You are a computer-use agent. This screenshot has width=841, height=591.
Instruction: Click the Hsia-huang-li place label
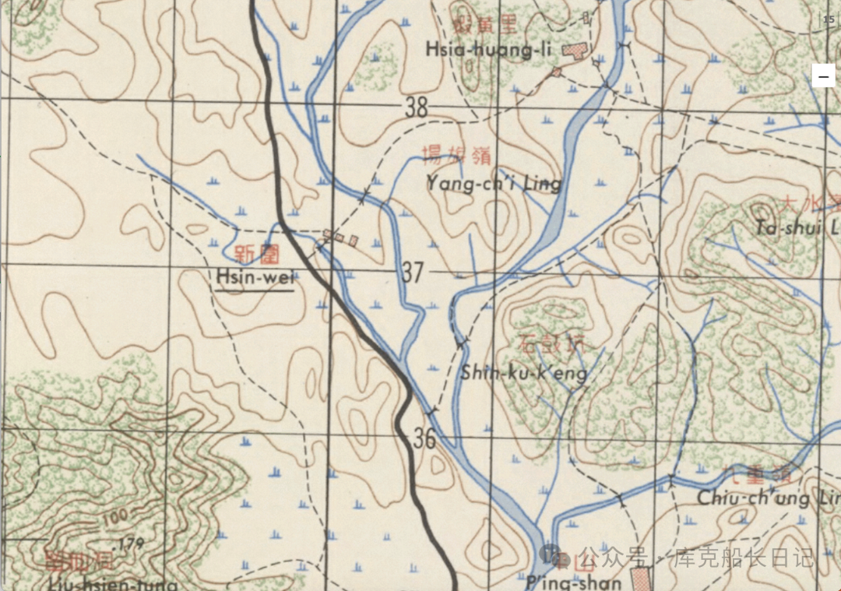pyautogui.click(x=488, y=50)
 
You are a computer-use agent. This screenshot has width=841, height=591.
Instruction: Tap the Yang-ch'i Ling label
pyautogui.click(x=494, y=184)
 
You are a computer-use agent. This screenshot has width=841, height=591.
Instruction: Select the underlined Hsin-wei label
pyautogui.click(x=255, y=276)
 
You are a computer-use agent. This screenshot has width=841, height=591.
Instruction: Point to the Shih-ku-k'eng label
pyautogui.click(x=523, y=373)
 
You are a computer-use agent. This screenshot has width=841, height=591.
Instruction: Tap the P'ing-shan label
pyautogui.click(x=575, y=582)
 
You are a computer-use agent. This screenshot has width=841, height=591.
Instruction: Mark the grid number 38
pyautogui.click(x=417, y=107)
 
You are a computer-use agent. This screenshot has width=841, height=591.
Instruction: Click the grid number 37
pyautogui.click(x=413, y=273)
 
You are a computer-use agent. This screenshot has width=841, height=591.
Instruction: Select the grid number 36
pyautogui.click(x=424, y=439)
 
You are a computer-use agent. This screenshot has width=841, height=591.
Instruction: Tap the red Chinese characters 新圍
pyautogui.click(x=256, y=253)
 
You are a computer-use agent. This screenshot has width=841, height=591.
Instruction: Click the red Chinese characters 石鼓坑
pyautogui.click(x=550, y=344)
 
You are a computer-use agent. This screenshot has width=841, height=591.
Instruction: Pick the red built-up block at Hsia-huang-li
pyautogui.click(x=576, y=51)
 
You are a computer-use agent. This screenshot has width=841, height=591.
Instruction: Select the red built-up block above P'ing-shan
pyautogui.click(x=640, y=579)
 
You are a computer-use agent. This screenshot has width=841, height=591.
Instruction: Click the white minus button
pyautogui.click(x=823, y=76)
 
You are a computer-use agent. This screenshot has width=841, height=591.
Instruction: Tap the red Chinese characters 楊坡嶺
pyautogui.click(x=456, y=156)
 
